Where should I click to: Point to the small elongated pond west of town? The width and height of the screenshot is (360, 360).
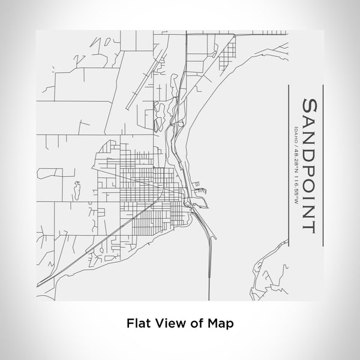tap(76, 190)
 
